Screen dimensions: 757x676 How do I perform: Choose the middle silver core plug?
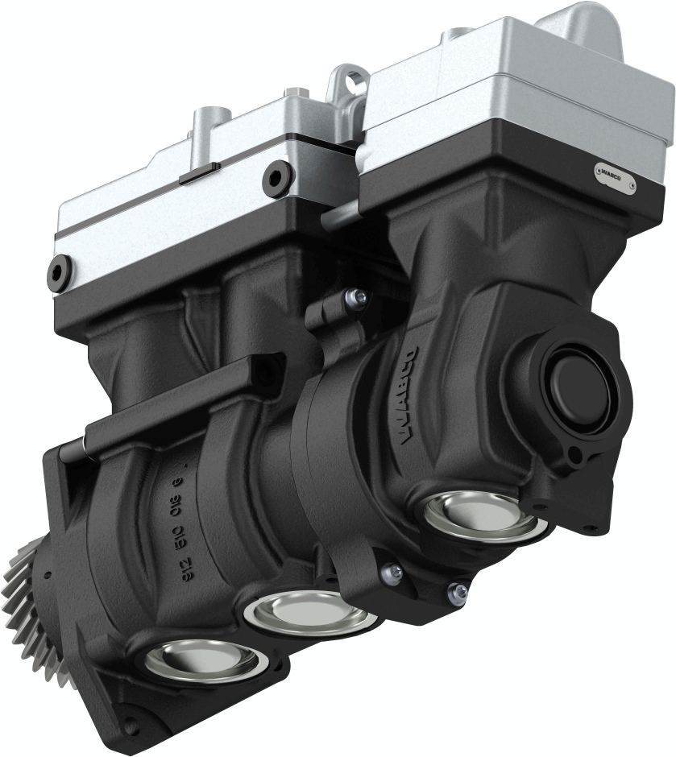coord(309,611)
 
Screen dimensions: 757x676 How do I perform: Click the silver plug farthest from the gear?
coord(480,515)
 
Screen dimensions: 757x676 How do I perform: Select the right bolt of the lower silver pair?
coord(458,592)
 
